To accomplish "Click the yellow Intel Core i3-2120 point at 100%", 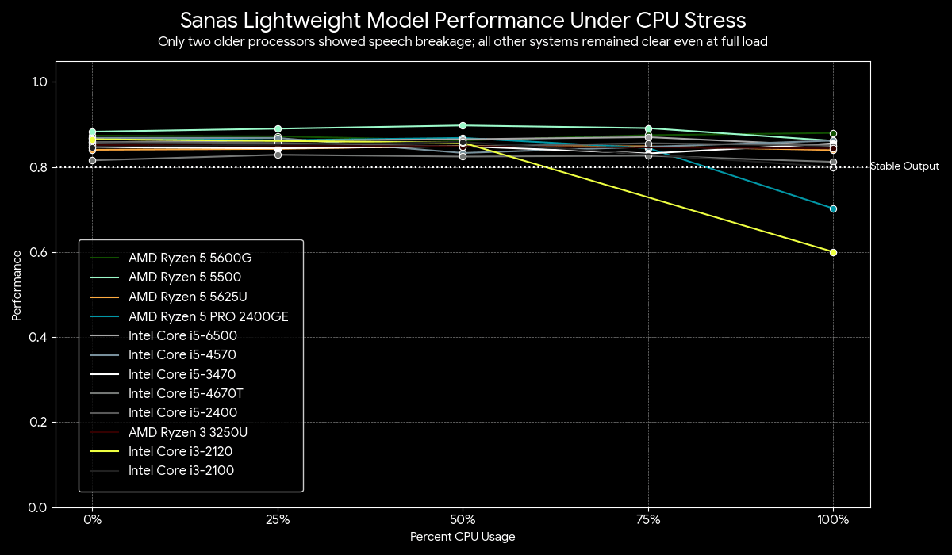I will [x=833, y=252].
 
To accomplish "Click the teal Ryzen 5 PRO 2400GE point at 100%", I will [x=833, y=209].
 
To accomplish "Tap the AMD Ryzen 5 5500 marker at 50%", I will [x=463, y=125].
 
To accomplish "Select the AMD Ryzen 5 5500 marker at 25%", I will [x=278, y=128].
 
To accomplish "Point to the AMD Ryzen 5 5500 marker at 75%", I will [x=648, y=128].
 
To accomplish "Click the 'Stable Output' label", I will [x=904, y=166].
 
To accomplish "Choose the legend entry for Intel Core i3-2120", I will [x=182, y=451].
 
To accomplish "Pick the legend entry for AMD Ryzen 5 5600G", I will [x=190, y=258].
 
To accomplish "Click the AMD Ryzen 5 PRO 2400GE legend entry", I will [x=208, y=316].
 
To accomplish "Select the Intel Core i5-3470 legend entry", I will [x=182, y=374].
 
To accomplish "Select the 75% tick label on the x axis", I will [x=648, y=521].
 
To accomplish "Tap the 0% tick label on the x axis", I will [x=92, y=521].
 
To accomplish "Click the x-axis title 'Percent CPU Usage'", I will [x=463, y=537].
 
